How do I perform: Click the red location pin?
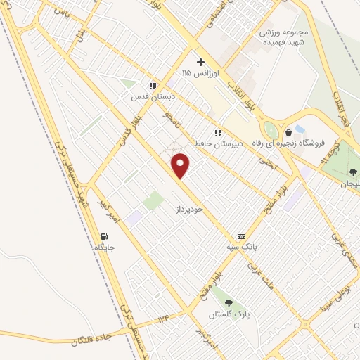(181, 165)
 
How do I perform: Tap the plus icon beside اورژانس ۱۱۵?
(200, 62)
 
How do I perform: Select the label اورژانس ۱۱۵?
(200, 73)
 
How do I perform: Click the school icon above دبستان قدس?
(153, 86)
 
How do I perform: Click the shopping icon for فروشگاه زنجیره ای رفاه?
(288, 132)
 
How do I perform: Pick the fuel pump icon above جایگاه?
(104, 236)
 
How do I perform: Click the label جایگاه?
(104, 247)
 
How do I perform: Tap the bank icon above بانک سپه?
(242, 236)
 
